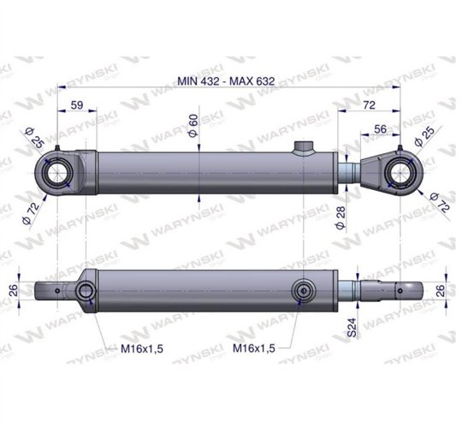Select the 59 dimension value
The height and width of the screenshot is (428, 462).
click(x=76, y=105)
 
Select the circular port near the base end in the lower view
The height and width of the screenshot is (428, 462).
click(x=86, y=294)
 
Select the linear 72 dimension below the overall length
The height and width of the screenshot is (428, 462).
click(x=370, y=105)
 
